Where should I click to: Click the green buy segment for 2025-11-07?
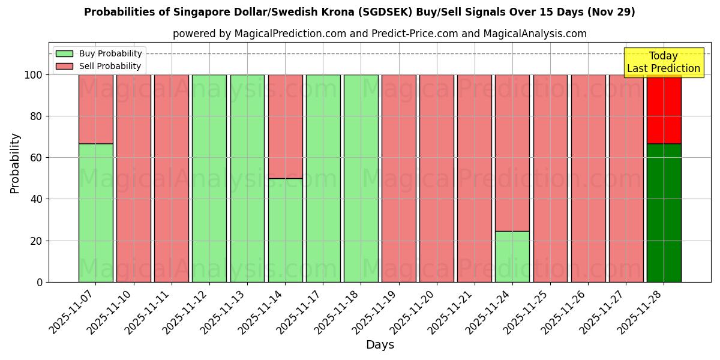[x=95, y=212]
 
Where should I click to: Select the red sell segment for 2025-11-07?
[x=95, y=109]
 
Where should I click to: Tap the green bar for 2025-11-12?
[x=209, y=178]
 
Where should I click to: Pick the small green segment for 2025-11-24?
[x=512, y=256]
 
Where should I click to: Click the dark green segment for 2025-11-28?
[x=664, y=212]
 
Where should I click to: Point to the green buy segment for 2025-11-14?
[x=285, y=230]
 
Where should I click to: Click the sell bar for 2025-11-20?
[x=437, y=178]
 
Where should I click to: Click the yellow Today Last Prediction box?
[x=663, y=62]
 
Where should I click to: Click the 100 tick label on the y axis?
[x=34, y=75]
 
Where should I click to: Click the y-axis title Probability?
[x=15, y=163]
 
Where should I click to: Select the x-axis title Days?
[x=380, y=345]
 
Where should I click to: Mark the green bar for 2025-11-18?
[x=361, y=178]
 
